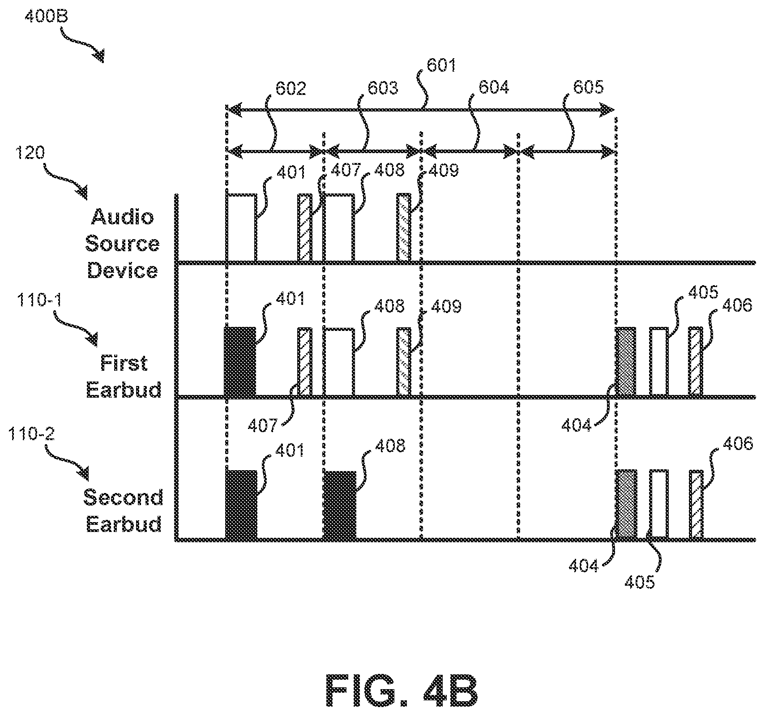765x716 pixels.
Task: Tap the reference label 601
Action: point(441,65)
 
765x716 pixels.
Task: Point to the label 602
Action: point(291,88)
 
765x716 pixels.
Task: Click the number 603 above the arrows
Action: point(382,87)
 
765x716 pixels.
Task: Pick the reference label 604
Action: point(494,87)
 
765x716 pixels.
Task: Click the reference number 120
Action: point(30,154)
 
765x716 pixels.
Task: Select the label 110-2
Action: point(32,434)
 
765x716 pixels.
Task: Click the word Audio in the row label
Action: point(122,218)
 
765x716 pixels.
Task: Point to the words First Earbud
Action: point(124,376)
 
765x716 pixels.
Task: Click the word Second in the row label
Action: point(124,497)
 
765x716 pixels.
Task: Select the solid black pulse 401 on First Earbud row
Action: point(240,362)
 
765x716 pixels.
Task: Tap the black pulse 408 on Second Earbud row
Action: point(340,505)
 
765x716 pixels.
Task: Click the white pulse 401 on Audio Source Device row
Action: point(242,228)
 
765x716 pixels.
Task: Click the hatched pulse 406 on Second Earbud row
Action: point(696,505)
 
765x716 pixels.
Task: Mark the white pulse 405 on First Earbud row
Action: point(659,362)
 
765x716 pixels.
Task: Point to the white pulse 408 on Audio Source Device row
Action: point(339,228)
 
